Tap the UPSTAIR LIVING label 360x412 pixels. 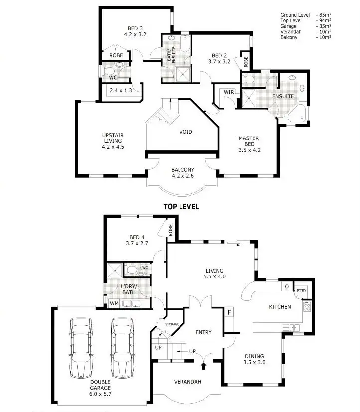[113, 141]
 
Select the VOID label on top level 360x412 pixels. [186, 132]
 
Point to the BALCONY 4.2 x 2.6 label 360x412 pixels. [182, 172]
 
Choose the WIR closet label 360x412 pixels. [229, 92]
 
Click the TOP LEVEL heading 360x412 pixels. [181, 207]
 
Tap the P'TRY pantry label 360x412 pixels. [301, 291]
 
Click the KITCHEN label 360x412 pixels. [280, 307]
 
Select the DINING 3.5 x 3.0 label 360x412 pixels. [254, 359]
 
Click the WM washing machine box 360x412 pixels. [114, 302]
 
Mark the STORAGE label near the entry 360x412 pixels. [172, 324]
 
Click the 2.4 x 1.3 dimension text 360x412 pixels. [121, 90]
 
